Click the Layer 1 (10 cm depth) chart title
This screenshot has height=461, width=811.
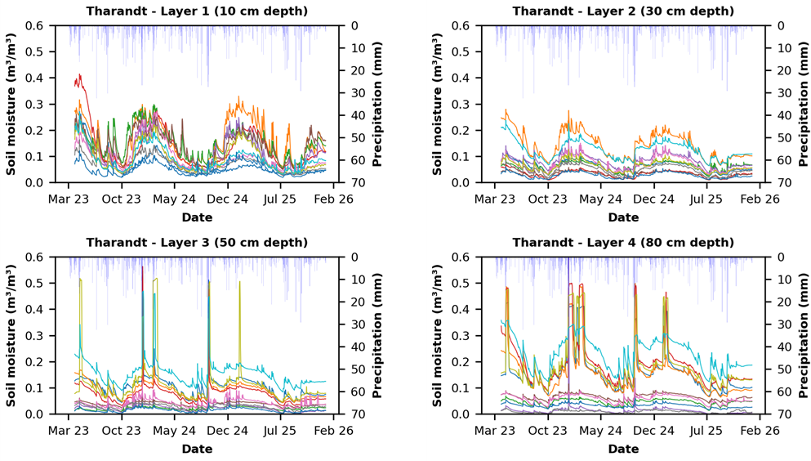197,11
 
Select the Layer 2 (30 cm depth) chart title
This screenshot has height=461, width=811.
623,11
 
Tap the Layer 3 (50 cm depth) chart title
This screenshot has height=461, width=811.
197,243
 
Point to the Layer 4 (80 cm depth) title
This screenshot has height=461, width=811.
623,243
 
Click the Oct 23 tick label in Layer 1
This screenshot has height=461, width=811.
121,199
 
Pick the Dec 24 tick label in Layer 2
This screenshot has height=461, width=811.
653,199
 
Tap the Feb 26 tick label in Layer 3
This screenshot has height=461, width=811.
333,431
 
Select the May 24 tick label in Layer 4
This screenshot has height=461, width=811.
600,431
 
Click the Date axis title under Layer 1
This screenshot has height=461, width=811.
197,217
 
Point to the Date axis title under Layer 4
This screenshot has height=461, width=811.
623,449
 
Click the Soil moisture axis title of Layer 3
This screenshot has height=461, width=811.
11,335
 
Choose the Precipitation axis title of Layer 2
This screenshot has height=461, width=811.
804,104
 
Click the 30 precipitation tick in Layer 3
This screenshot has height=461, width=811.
354,324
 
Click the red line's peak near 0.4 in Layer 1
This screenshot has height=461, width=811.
80,74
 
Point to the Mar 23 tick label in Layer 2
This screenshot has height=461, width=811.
495,199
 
